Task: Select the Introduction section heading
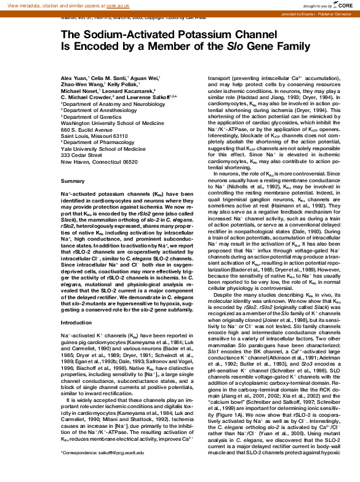[x=76, y=322]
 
